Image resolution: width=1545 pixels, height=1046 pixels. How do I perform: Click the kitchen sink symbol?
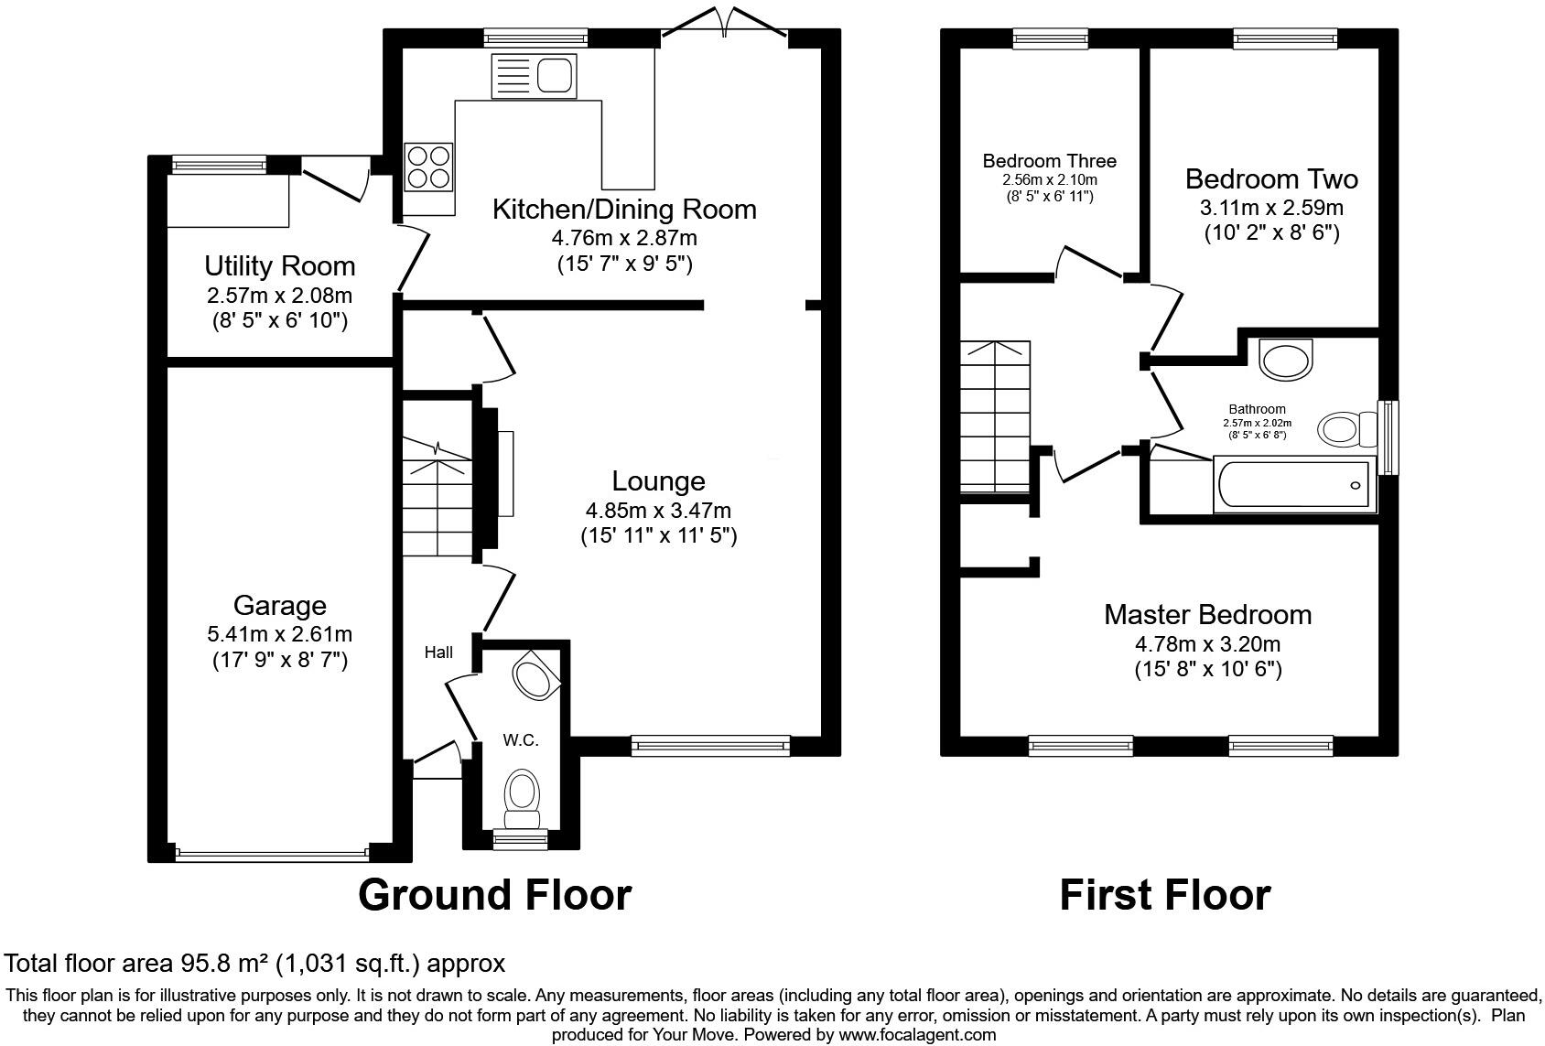535,76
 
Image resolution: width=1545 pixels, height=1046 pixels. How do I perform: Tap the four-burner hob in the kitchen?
428,167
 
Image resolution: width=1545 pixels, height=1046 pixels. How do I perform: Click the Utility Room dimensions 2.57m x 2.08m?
279,296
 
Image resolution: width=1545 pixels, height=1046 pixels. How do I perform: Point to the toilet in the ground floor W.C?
523,793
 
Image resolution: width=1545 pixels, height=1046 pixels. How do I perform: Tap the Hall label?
438,652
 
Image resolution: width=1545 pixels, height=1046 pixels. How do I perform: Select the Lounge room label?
658,481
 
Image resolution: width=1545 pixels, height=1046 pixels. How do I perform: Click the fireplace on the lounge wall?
504,474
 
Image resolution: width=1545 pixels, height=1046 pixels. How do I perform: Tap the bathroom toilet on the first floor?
1346,428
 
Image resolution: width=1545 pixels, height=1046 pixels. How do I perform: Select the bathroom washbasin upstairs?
1286,359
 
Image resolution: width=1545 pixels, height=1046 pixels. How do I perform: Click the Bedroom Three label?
1049,161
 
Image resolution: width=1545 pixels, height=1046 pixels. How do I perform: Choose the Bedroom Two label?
1271,178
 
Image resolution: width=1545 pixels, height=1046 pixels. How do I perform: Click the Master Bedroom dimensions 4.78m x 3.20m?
1207,642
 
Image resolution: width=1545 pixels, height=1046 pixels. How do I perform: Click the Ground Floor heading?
494,894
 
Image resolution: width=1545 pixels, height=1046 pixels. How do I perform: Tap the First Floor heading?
1164,894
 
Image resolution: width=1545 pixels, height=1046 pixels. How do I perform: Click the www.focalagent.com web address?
916,1035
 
